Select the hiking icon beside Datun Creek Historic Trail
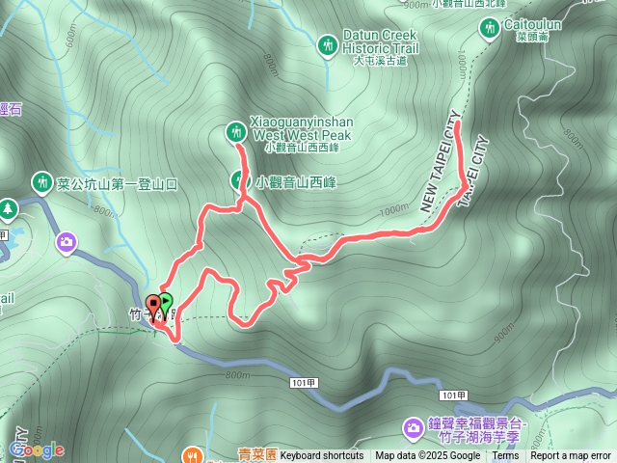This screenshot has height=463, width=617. pyautogui.click(x=328, y=44)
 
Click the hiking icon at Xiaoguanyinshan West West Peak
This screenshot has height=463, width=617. pyautogui.click(x=235, y=130)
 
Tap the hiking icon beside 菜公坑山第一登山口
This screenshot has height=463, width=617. pyautogui.click(x=41, y=181)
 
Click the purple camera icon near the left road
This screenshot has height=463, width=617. pyautogui.click(x=67, y=241)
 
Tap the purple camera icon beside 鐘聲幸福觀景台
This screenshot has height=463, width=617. pyautogui.click(x=413, y=426)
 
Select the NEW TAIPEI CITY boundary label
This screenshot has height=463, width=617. pyautogui.click(x=436, y=168)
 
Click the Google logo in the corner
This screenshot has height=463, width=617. pyautogui.click(x=36, y=449)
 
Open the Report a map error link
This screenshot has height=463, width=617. pyautogui.click(x=572, y=456)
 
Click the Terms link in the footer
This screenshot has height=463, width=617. pyautogui.click(x=505, y=456)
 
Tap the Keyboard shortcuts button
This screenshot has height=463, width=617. pyautogui.click(x=322, y=456)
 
